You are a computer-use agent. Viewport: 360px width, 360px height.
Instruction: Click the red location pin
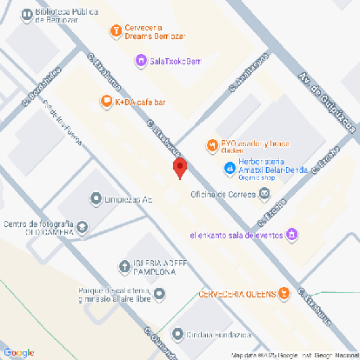point(180,168)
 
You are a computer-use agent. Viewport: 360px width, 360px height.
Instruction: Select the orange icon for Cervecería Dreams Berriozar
point(116,31)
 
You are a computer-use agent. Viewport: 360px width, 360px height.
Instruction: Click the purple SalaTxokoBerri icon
point(141,59)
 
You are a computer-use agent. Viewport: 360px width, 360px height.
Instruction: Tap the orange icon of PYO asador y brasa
point(211,143)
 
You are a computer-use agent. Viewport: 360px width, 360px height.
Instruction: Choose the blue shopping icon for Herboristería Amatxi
point(221,162)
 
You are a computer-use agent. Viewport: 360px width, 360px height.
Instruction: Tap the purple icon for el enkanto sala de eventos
point(293,234)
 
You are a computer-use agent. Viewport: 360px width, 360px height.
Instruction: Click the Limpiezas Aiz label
point(129,199)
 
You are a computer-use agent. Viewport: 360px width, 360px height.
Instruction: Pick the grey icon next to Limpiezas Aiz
point(96,199)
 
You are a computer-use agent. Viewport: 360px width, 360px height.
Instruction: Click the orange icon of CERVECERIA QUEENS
point(282,293)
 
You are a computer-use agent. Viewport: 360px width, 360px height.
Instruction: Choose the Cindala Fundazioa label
point(217,333)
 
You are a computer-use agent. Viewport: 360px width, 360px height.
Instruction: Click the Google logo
point(19,351)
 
